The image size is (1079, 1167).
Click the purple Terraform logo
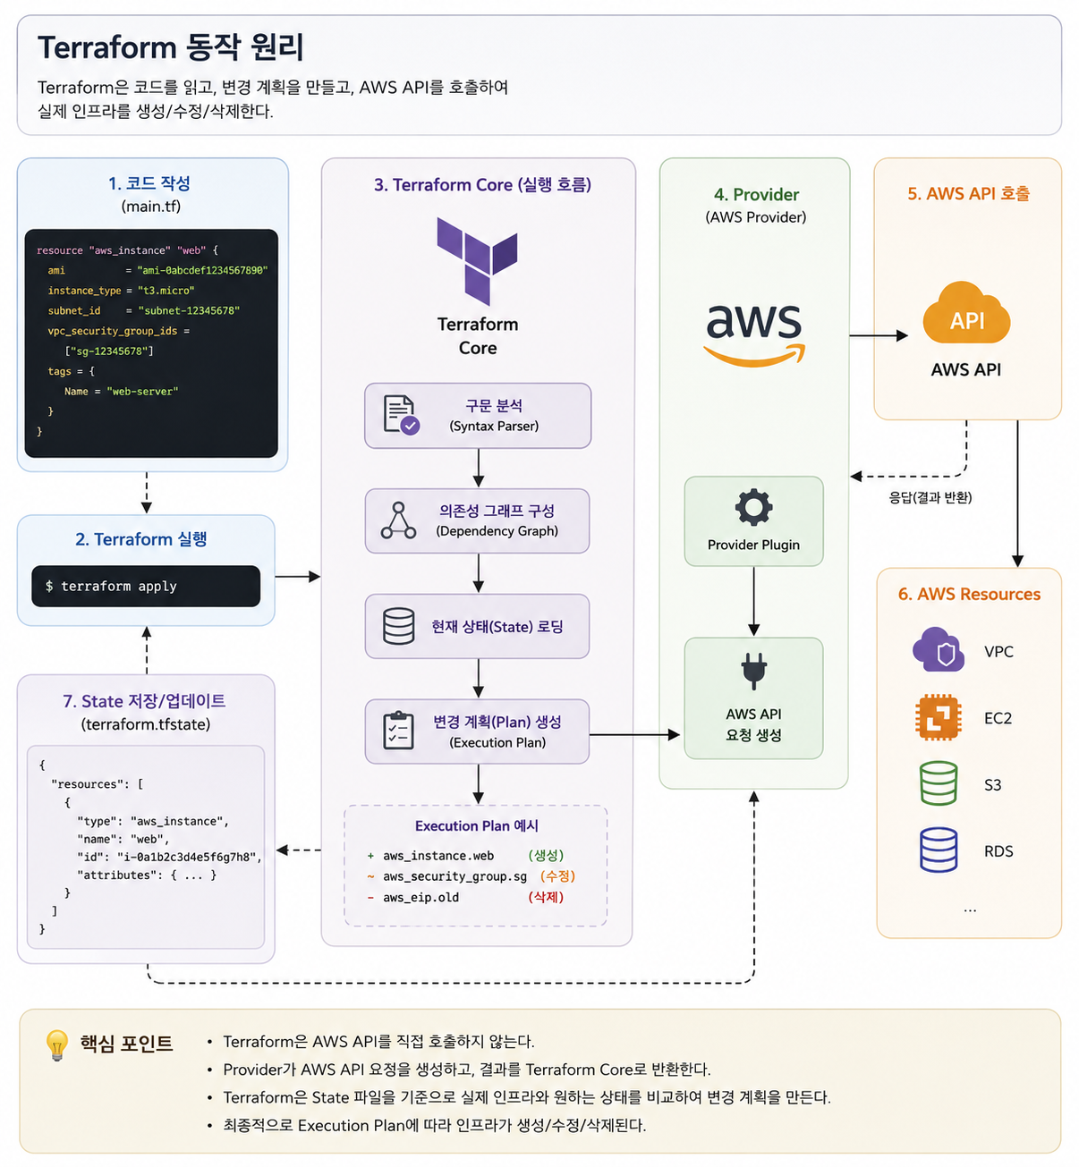pos(476,261)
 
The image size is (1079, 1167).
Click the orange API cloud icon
pos(966,313)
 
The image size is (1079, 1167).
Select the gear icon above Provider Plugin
pos(753,506)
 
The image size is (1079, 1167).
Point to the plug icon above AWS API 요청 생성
pos(753,671)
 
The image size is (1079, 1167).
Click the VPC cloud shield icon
pos(938,649)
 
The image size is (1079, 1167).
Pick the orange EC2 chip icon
pos(938,717)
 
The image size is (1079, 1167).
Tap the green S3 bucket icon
pos(938,782)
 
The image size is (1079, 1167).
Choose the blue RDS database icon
pos(938,850)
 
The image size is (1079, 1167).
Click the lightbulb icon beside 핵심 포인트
pos(57,1044)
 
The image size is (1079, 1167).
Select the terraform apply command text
pos(111,586)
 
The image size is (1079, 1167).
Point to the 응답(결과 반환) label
pos(930,498)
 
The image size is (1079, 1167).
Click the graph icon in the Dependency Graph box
pos(398,520)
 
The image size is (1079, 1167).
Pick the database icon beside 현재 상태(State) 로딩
pos(398,626)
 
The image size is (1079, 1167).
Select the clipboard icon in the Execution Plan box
pos(398,731)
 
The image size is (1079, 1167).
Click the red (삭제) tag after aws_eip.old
pos(546,897)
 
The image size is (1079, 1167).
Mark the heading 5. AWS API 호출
pos(968,193)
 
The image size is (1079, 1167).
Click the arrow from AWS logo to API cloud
pos(879,335)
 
